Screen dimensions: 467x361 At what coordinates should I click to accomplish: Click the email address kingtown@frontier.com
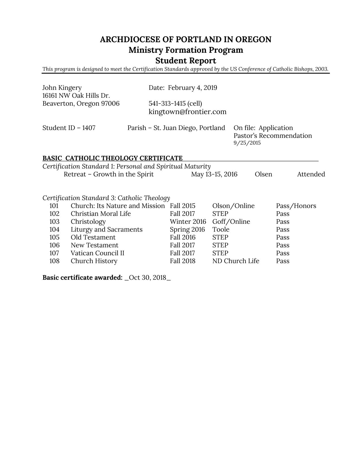point(187,112)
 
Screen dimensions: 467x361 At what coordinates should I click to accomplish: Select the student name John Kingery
point(62,88)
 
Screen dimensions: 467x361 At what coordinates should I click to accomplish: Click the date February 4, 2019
point(193,88)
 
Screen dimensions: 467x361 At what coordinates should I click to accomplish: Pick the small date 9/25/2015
point(247,143)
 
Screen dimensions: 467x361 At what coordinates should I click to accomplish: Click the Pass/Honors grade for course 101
point(296,206)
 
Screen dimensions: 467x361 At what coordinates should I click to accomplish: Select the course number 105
point(54,237)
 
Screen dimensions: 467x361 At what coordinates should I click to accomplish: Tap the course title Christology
point(88,222)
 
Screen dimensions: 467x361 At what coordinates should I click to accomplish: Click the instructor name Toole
point(221,230)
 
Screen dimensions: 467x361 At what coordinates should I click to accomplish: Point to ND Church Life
point(236,261)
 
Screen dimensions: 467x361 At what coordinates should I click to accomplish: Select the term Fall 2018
point(183,261)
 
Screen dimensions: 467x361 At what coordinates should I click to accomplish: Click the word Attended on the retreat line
point(311,174)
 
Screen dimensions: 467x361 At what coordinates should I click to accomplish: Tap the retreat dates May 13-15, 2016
point(214,174)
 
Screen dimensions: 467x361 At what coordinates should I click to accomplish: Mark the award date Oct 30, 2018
point(147,278)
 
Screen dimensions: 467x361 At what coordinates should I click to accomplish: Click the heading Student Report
point(186,61)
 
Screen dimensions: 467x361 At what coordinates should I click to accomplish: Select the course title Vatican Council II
point(97,253)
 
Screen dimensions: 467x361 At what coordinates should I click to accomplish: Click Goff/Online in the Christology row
point(231,222)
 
